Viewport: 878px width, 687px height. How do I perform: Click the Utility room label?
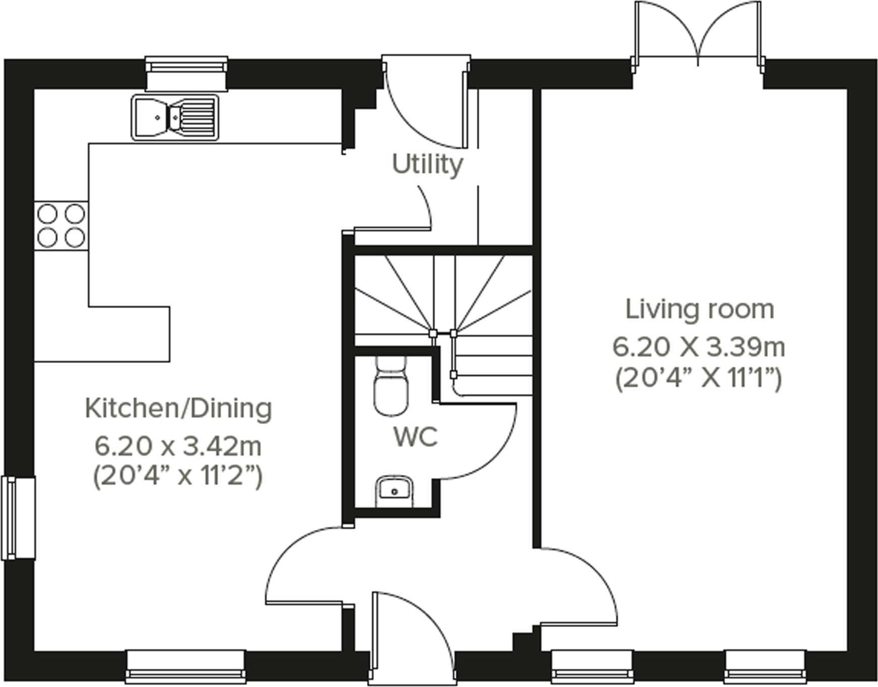click(427, 165)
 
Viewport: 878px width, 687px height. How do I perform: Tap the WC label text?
click(415, 437)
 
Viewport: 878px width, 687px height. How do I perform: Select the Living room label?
click(700, 309)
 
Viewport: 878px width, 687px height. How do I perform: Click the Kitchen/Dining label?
click(178, 408)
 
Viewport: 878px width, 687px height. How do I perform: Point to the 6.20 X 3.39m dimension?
click(699, 347)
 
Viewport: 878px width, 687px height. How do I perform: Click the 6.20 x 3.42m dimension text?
click(178, 446)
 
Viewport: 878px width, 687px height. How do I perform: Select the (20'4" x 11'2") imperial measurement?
click(178, 475)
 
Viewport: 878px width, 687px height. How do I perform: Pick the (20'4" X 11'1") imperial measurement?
click(699, 378)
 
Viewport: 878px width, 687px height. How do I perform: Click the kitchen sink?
click(175, 117)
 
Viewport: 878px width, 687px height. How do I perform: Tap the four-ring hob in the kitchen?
click(61, 225)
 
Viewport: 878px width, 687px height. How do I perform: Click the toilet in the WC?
click(391, 388)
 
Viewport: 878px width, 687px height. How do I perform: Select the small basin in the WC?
click(394, 491)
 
